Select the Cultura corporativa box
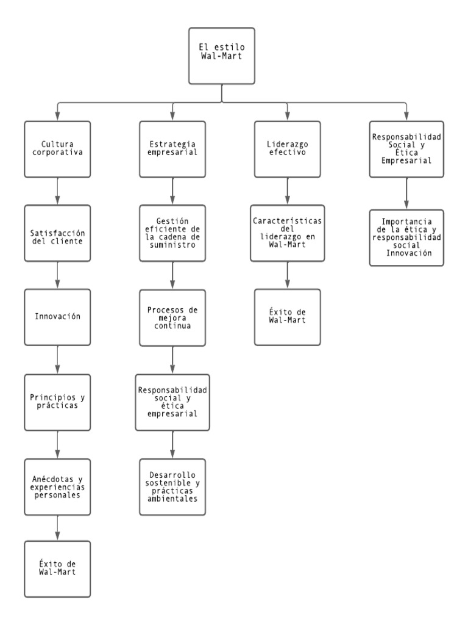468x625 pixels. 57,149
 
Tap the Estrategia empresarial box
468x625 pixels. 173,149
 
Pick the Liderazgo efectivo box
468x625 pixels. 287,149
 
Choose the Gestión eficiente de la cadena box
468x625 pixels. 173,233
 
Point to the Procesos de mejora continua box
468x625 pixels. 173,317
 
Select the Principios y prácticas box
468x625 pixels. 57,401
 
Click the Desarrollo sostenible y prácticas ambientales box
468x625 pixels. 173,486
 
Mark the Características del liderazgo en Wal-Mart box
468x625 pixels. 287,233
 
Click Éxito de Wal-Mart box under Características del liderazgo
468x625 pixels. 287,317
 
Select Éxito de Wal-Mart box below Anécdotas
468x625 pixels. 57,568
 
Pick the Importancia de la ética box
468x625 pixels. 406,237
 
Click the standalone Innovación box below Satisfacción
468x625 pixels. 57,317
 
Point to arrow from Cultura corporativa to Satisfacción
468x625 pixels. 57,191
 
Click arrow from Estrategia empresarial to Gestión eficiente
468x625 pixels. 173,191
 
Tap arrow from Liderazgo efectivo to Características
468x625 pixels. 287,191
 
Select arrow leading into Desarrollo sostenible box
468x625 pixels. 173,444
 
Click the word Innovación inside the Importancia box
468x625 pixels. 406,253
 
